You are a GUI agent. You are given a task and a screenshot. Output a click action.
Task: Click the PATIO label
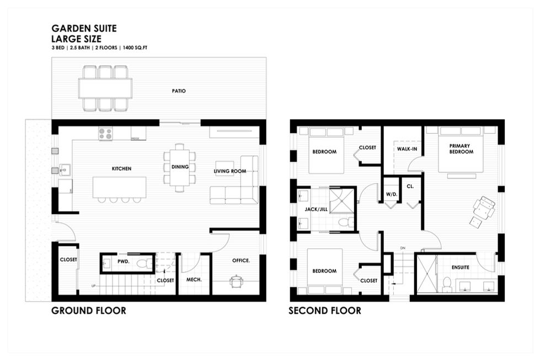pyautogui.click(x=179, y=91)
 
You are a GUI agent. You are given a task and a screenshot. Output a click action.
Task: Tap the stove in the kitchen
pyautogui.click(x=105, y=134)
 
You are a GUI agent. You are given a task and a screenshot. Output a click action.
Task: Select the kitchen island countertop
pyautogui.click(x=119, y=187)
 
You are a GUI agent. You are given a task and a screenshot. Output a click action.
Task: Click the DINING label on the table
pyautogui.click(x=180, y=167)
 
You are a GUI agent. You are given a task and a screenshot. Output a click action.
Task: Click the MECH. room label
pyautogui.click(x=194, y=280)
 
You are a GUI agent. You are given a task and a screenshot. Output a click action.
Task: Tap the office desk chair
pyautogui.click(x=236, y=281)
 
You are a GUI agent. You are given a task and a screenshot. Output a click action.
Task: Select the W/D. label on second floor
pyautogui.click(x=392, y=195)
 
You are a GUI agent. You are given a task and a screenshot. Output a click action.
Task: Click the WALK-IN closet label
pyautogui.click(x=407, y=149)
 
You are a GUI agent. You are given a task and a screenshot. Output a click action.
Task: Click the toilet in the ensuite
pyautogui.click(x=447, y=284)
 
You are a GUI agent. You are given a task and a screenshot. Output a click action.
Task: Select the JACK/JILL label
pyautogui.click(x=316, y=209)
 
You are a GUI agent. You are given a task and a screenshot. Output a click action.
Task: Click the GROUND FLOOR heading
pyautogui.click(x=88, y=311)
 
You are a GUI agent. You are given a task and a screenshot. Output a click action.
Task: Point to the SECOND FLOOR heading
pyautogui.click(x=325, y=311)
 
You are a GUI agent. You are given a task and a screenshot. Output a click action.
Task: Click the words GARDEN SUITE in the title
pyautogui.click(x=84, y=28)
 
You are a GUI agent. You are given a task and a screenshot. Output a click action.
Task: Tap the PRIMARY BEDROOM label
pyautogui.click(x=461, y=149)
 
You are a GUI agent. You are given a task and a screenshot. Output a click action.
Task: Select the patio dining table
pyautogui.click(x=105, y=88)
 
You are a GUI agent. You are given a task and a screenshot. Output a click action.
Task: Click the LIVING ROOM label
pyautogui.click(x=229, y=171)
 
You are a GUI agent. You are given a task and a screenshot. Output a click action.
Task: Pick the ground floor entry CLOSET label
pyautogui.click(x=68, y=260)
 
